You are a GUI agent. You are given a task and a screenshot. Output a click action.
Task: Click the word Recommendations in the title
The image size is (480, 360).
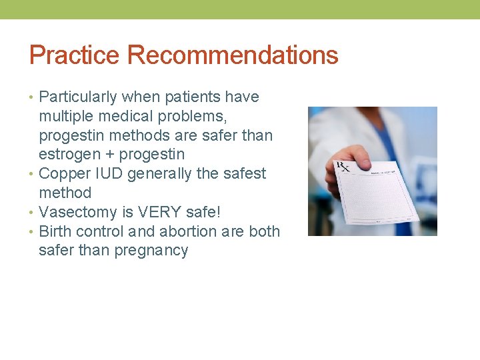coord(233,55)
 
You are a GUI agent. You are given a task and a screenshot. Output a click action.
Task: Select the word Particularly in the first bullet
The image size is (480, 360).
coord(77,97)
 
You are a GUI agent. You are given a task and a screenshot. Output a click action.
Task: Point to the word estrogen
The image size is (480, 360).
coord(70,155)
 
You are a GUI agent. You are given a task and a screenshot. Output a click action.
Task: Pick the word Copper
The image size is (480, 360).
coord(63,174)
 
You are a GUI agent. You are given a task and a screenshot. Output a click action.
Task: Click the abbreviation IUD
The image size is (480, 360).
coord(106,174)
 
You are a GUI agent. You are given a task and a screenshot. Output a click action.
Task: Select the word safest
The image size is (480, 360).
coord(243,174)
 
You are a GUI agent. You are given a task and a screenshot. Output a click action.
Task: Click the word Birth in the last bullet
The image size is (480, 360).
coord(55,231)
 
